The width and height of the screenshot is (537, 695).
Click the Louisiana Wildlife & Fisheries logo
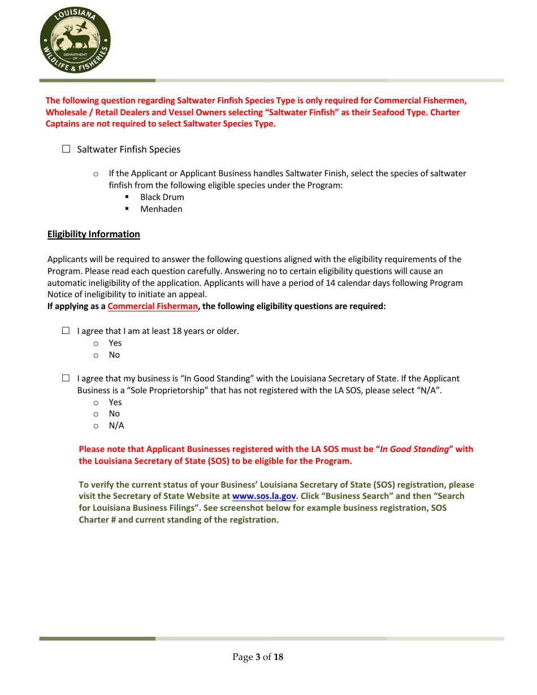(75, 39)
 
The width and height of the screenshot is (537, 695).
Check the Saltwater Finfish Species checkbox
(66, 149)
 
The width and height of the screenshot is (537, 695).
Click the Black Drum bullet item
(162, 197)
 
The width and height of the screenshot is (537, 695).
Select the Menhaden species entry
(161, 209)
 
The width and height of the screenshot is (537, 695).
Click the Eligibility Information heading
(94, 234)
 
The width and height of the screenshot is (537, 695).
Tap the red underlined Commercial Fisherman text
(153, 306)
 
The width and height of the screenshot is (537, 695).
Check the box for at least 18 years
(66, 331)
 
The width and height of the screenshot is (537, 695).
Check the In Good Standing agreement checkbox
(66, 378)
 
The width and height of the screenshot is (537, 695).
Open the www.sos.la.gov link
(264, 496)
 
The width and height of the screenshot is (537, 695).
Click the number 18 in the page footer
(278, 657)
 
